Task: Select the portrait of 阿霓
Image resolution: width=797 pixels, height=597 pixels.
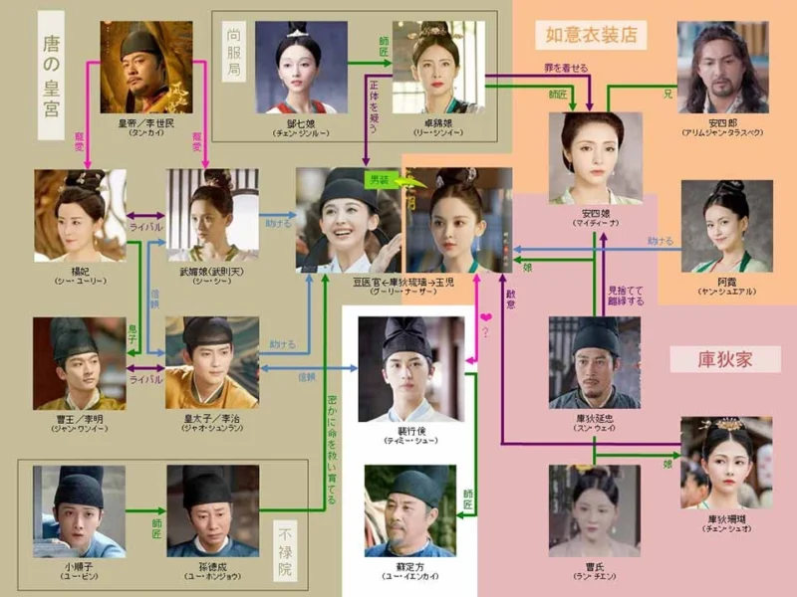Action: [726, 226]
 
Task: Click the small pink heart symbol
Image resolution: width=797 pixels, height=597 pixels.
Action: [486, 318]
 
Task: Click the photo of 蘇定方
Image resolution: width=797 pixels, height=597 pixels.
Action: [409, 508]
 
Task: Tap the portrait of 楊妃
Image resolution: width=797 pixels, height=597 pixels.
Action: [80, 215]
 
